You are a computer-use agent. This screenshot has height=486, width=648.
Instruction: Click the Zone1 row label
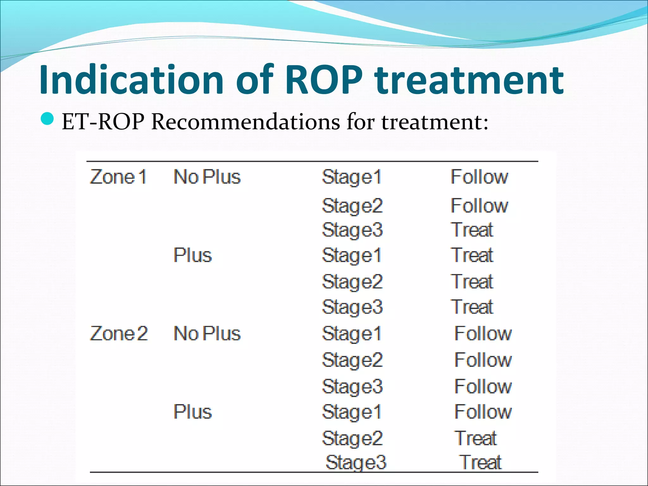point(118,177)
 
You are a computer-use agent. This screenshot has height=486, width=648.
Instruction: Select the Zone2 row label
point(119,333)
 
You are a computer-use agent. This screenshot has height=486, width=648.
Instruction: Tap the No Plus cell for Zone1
point(207,177)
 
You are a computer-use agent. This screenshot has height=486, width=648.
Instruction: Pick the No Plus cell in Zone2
point(207,333)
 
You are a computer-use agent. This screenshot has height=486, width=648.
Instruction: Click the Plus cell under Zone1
point(192,255)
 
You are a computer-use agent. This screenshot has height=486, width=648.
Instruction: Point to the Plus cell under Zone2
point(192,412)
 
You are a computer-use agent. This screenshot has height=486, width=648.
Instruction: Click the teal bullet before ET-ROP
point(48,119)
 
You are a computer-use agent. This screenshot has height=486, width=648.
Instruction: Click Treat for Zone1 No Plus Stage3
point(472,230)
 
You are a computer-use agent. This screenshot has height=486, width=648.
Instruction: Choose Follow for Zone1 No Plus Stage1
point(479,177)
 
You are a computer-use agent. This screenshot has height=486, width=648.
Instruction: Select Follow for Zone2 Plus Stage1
point(483,412)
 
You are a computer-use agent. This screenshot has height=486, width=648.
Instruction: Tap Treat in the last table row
point(480,463)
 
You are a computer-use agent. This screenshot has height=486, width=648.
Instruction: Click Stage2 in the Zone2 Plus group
point(352,439)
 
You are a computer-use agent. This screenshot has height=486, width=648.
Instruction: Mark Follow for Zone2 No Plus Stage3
point(483,387)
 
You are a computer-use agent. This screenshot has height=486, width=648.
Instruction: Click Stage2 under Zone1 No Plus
point(352,206)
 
